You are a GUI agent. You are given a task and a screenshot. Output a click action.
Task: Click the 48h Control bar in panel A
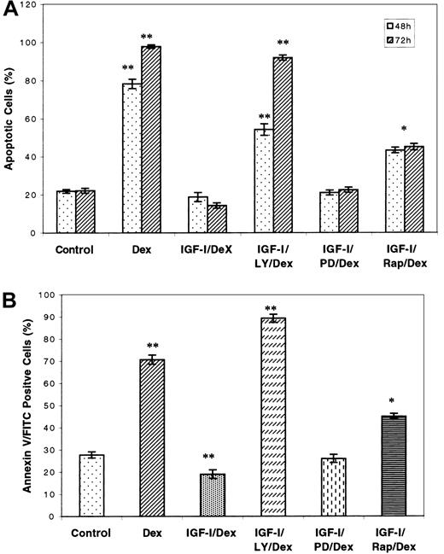pos(64,212)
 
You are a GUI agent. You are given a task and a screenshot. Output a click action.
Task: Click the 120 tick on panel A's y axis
pos(33,5)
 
